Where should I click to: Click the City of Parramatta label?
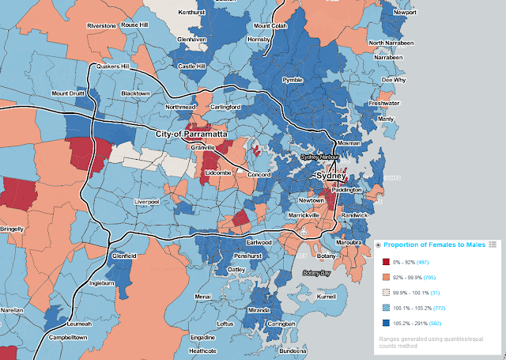click(191, 134)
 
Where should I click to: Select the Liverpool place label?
click(147, 202)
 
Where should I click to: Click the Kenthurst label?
click(191, 13)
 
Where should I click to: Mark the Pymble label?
click(293, 81)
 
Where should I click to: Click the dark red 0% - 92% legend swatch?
click(385, 262)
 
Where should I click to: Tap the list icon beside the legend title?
click(493, 244)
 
